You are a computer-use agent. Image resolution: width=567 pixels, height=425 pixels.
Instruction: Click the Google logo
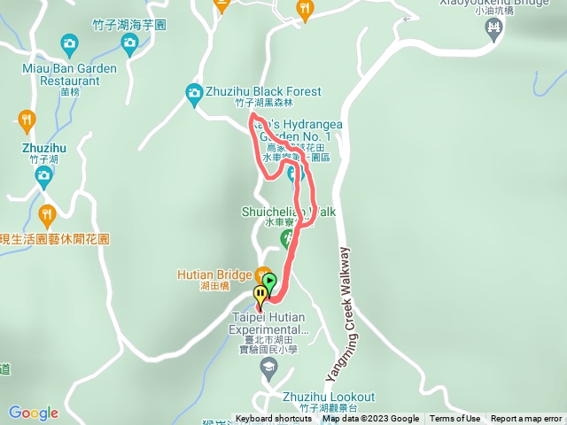[34, 413]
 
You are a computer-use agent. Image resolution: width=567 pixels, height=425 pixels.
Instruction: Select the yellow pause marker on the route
[260, 295]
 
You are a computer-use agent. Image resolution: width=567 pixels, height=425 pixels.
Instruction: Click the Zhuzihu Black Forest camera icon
[194, 92]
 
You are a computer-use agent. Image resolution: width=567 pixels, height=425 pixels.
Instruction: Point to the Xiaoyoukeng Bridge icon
[493, 28]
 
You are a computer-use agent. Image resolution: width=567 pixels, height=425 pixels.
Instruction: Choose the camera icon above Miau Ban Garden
[69, 42]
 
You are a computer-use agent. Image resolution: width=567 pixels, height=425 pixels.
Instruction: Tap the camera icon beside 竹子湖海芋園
[129, 42]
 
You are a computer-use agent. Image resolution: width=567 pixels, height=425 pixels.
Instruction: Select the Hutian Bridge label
[215, 275]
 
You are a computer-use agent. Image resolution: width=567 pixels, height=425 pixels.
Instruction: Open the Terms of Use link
[455, 419]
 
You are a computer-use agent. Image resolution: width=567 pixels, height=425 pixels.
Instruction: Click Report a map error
[527, 419]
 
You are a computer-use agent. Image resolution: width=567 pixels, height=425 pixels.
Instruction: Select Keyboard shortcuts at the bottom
[274, 419]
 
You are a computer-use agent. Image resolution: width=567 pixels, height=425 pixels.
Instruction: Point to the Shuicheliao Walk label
[288, 212]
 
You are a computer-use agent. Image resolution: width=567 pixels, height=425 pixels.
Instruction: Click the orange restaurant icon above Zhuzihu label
[27, 119]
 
